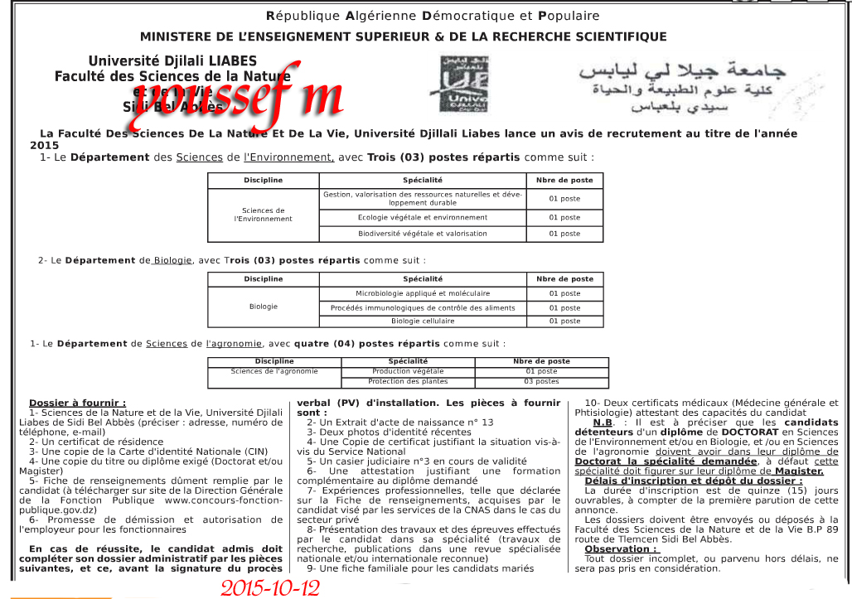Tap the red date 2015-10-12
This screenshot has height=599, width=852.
(x=269, y=587)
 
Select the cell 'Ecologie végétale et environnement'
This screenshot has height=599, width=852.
(x=423, y=218)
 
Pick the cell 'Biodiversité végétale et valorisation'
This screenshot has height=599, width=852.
(x=423, y=234)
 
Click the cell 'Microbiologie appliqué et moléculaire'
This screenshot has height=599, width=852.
(x=423, y=293)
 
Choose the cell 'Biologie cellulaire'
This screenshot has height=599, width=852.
(x=423, y=321)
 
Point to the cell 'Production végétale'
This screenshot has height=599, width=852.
(x=408, y=371)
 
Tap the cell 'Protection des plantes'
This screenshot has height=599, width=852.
(x=408, y=381)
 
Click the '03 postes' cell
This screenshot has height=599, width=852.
(x=541, y=381)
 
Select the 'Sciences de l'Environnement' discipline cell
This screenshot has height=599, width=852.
(x=264, y=215)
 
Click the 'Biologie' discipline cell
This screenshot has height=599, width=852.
(x=264, y=307)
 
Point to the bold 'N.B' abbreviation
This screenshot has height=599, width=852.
(x=603, y=422)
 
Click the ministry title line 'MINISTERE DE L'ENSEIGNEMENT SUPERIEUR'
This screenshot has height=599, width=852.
(x=403, y=36)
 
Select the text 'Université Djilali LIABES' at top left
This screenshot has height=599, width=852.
(x=172, y=61)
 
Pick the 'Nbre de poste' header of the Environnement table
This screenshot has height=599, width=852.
(x=564, y=180)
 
